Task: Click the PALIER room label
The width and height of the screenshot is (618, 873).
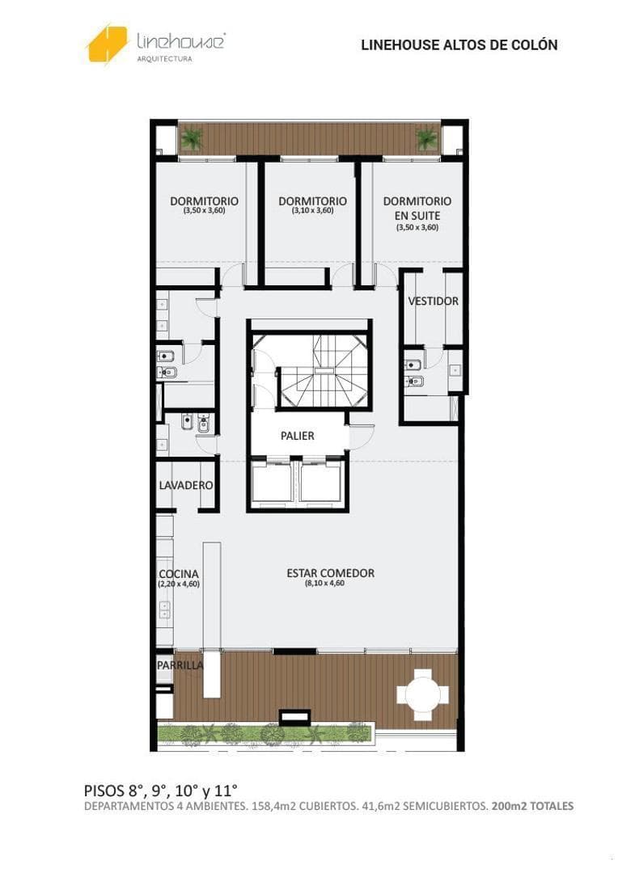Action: pyautogui.click(x=298, y=436)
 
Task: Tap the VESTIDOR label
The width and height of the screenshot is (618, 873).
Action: pyautogui.click(x=434, y=302)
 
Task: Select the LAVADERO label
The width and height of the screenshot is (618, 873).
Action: pyautogui.click(x=185, y=486)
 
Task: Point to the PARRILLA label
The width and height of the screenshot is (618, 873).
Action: pyautogui.click(x=180, y=665)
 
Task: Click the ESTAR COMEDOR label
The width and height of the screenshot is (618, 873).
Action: pyautogui.click(x=331, y=573)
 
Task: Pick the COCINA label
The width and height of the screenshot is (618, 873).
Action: pyautogui.click(x=178, y=574)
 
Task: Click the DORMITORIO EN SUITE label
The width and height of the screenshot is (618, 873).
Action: pyautogui.click(x=417, y=209)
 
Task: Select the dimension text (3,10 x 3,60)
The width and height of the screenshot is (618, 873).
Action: pyautogui.click(x=312, y=210)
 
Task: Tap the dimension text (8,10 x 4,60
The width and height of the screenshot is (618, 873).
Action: pyautogui.click(x=324, y=584)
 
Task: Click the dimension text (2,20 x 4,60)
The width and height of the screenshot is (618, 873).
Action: pyautogui.click(x=179, y=584)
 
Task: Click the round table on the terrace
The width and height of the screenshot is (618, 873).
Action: pyautogui.click(x=422, y=694)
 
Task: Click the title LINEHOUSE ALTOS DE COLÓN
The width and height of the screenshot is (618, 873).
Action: pyautogui.click(x=459, y=45)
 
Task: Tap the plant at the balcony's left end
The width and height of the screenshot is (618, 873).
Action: pyautogui.click(x=192, y=139)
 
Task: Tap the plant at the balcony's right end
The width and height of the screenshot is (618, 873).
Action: pyautogui.click(x=426, y=138)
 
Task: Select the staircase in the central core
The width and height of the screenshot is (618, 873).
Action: pyautogui.click(x=324, y=369)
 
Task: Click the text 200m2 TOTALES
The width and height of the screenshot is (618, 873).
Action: pyautogui.click(x=533, y=806)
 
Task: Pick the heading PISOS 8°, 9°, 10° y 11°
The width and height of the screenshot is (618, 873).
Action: pyautogui.click(x=160, y=790)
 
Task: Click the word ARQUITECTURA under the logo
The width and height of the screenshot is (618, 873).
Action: pyautogui.click(x=164, y=59)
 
